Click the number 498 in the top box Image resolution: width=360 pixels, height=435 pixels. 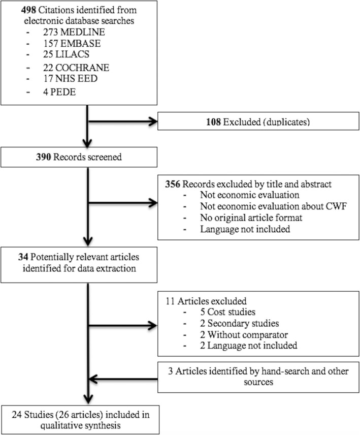(16, 9)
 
